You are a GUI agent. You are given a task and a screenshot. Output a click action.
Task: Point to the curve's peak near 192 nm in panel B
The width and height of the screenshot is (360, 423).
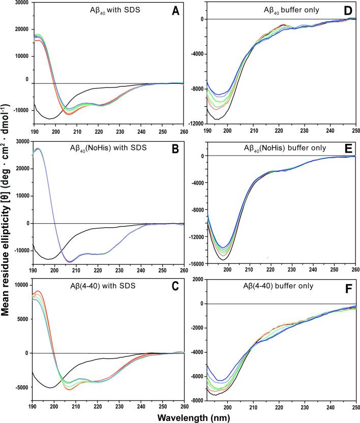(x=39, y=148)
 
